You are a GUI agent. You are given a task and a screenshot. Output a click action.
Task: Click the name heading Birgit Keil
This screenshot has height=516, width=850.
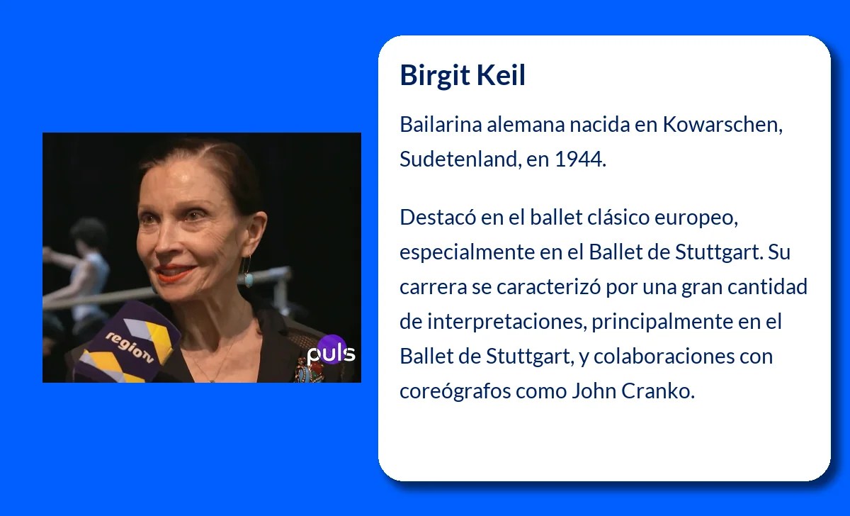[x=463, y=75]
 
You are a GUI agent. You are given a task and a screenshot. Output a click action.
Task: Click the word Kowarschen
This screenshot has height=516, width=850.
[x=722, y=125]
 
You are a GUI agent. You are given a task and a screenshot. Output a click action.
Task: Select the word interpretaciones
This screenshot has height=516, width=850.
[x=506, y=321]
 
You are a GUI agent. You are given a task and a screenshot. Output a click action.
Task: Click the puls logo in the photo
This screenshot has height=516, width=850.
[x=331, y=352]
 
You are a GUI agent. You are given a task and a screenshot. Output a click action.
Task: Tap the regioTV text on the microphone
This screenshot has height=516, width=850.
[x=130, y=347]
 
